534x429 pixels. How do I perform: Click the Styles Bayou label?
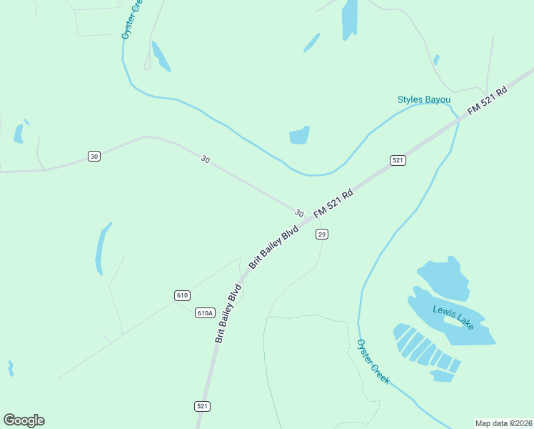click(x=425, y=99)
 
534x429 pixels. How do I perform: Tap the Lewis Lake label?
click(x=453, y=316)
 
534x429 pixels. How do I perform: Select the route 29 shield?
click(x=322, y=235)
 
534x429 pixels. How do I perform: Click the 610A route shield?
click(x=205, y=312)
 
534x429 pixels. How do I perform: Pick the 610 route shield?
click(x=182, y=295)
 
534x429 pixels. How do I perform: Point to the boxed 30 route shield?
click(x=94, y=156)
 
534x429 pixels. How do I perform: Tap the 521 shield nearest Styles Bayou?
click(x=398, y=160)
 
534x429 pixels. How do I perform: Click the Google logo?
click(x=24, y=420)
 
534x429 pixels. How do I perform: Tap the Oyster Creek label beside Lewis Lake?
click(x=373, y=362)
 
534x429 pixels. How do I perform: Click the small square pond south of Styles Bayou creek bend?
click(x=299, y=135)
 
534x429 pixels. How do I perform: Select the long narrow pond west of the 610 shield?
click(x=104, y=247)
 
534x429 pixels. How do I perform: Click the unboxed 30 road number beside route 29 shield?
click(x=298, y=213)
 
